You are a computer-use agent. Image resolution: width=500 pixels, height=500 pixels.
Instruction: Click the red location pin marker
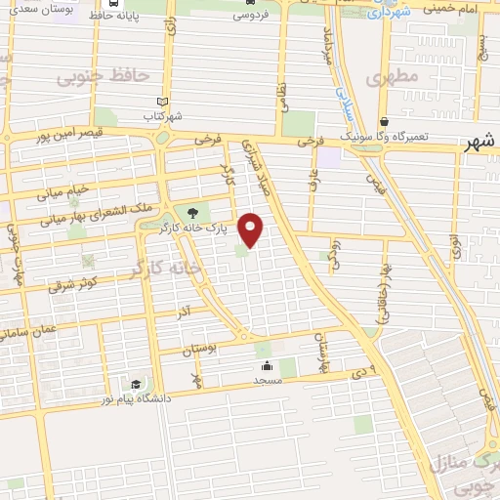(x=252, y=229)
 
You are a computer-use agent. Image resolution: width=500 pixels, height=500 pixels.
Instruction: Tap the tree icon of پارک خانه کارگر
(x=191, y=213)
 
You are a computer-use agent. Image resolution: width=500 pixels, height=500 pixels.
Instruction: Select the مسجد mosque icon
(x=266, y=365)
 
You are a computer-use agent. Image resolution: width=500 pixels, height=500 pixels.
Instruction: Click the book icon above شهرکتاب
(x=163, y=102)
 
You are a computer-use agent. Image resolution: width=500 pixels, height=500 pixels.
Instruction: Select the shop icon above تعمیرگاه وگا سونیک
(x=386, y=123)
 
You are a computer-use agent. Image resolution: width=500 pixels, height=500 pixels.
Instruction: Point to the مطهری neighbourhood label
(x=394, y=75)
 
